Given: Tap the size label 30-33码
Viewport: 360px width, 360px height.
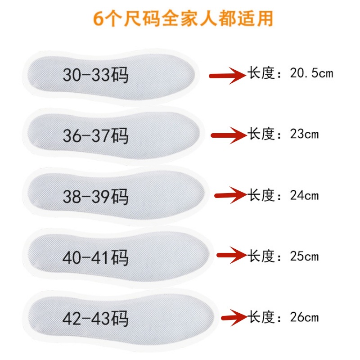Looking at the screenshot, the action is (x=95, y=75).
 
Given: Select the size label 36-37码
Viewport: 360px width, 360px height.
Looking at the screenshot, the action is (x=95, y=135).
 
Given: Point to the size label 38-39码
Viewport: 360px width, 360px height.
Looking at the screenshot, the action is (x=95, y=197).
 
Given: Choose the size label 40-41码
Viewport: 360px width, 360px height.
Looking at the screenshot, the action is (x=95, y=258).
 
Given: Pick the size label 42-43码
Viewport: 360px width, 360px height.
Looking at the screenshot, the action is (x=95, y=319).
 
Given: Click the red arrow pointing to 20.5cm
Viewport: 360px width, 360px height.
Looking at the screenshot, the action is (x=228, y=75).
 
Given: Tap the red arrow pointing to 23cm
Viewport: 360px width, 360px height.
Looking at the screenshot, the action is (x=229, y=135).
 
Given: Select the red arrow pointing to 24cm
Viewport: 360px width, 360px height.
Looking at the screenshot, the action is (x=231, y=195).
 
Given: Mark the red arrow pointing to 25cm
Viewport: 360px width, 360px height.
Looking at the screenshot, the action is (x=232, y=256).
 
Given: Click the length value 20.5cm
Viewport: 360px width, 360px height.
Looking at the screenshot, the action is (x=311, y=73).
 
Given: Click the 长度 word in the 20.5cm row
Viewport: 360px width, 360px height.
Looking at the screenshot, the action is (x=261, y=73).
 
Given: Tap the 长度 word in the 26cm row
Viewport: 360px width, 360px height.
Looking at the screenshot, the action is (x=261, y=317).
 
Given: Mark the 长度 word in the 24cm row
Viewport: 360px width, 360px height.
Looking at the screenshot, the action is (x=261, y=195).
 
